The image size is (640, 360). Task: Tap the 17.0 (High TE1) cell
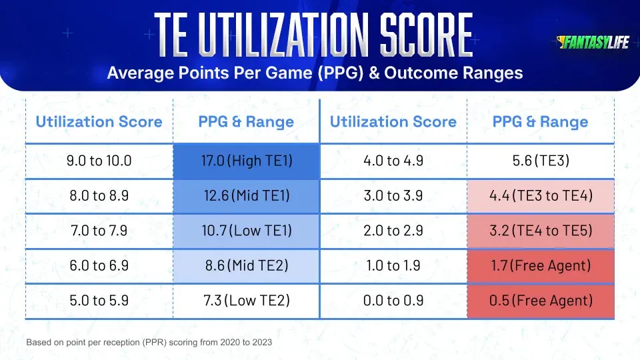tap(246, 161)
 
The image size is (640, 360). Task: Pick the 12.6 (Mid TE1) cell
tap(246, 195)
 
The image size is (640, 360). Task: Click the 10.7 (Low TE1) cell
tap(246, 231)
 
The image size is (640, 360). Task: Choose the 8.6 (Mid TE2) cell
tap(246, 265)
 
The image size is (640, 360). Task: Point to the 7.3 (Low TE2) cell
tap(246, 301)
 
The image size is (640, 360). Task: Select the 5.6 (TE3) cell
tap(540, 161)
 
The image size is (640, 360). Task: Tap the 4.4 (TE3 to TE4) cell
tap(540, 195)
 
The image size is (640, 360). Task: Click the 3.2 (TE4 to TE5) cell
tap(540, 231)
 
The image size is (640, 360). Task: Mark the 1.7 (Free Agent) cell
tap(540, 265)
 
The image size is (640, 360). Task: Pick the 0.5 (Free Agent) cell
tap(540, 301)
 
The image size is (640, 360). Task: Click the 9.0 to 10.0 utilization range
tap(99, 161)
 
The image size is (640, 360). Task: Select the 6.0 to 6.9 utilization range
tap(99, 265)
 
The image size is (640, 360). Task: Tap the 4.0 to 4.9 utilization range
tap(393, 161)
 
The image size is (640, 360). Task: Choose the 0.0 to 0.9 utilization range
tap(393, 301)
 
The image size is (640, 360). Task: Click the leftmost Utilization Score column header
tap(99, 121)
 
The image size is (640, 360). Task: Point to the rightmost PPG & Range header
tap(540, 121)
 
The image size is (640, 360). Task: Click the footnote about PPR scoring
tap(149, 342)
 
